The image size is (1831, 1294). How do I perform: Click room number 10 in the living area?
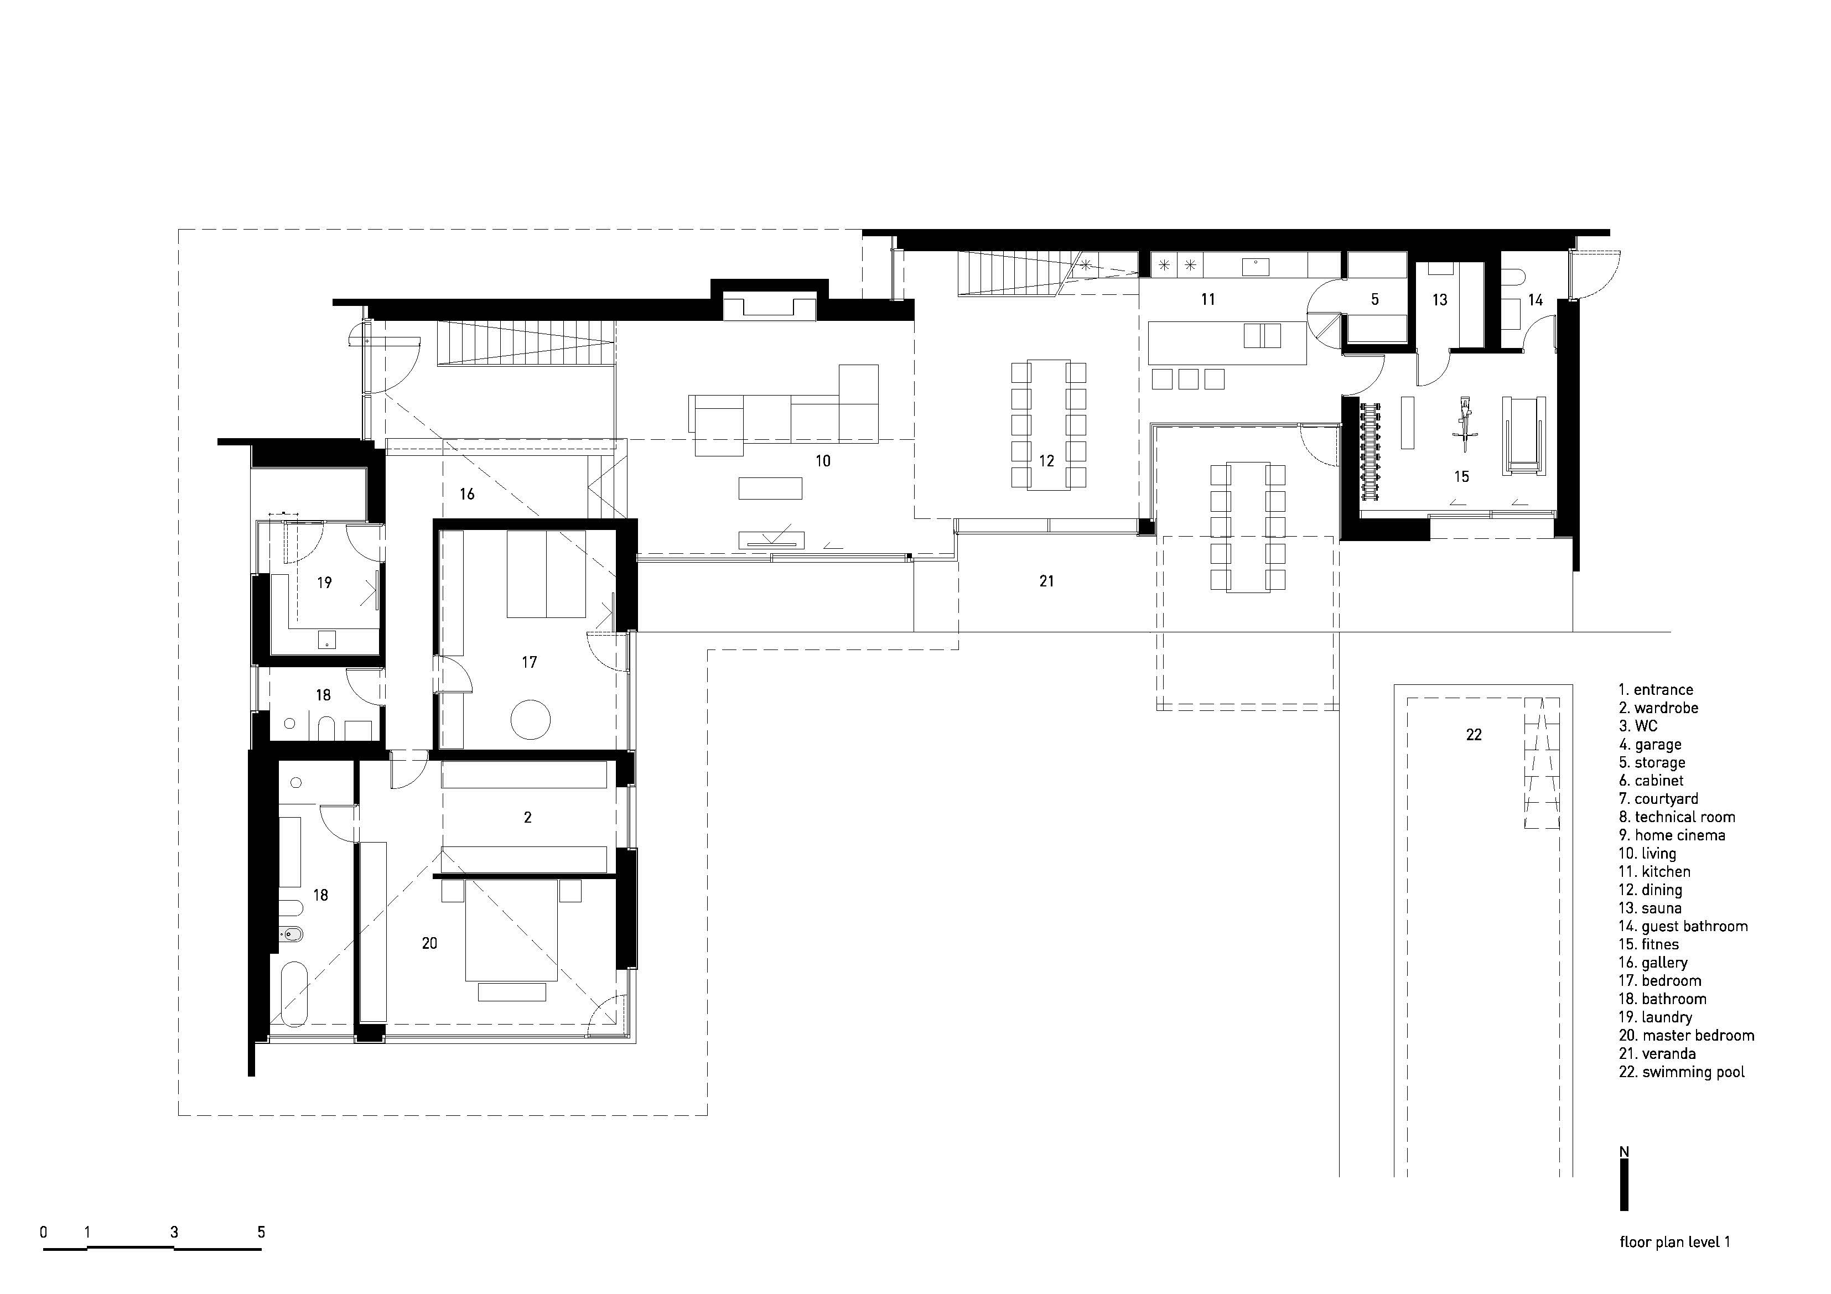point(823,461)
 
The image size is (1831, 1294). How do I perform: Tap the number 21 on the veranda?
point(1047,582)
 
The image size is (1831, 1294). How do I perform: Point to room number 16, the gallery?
point(468,495)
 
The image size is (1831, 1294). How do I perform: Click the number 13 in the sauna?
point(1439,300)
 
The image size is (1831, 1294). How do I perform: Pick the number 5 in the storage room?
point(1375,300)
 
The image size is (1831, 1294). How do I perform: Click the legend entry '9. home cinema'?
point(1672,835)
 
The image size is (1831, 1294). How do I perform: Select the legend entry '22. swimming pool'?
point(1681,1072)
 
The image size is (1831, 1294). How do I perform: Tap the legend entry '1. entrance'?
point(1656,690)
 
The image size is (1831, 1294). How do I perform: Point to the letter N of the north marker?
point(1623,1152)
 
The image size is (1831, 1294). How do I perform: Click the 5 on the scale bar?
point(261,1233)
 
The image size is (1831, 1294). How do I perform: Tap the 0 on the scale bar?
point(44,1233)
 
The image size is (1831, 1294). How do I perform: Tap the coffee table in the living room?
point(770,488)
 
